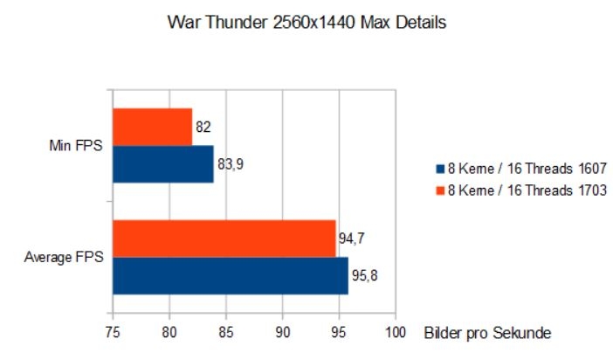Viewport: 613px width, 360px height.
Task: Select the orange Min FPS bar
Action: coord(152,127)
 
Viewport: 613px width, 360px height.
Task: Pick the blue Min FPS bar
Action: coord(162,163)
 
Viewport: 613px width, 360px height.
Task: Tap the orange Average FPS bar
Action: coord(224,239)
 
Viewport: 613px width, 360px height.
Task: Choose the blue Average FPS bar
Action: coord(230,275)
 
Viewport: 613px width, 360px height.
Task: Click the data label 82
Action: coord(203,127)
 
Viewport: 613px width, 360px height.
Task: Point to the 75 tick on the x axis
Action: coord(113,333)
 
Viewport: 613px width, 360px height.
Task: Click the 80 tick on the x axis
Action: coord(169,333)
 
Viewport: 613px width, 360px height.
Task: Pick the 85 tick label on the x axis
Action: coord(225,333)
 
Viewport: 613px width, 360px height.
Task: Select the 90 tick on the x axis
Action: coord(282,333)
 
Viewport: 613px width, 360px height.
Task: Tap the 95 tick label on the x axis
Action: coord(339,333)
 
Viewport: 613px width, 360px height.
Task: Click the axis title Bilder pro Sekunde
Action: coord(488,334)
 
